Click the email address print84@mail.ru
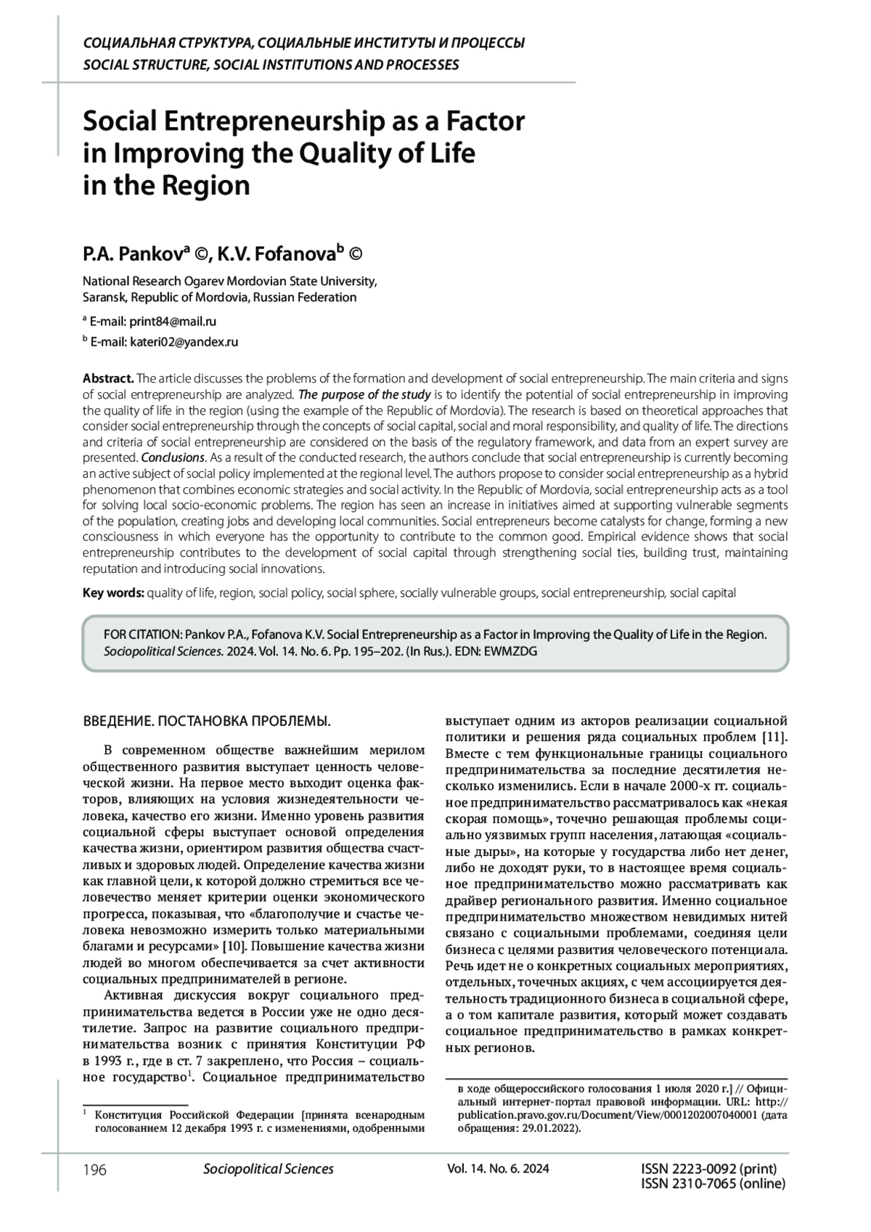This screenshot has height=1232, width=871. point(173,321)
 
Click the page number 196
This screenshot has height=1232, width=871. point(95,1169)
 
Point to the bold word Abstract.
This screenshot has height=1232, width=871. point(108,378)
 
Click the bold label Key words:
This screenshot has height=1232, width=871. point(113,592)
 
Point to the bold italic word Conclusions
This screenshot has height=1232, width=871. point(173,457)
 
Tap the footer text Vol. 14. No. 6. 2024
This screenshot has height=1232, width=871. point(498,1169)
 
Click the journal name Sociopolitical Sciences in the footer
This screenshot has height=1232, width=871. point(269,1169)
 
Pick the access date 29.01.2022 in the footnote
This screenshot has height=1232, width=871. point(548,1128)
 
